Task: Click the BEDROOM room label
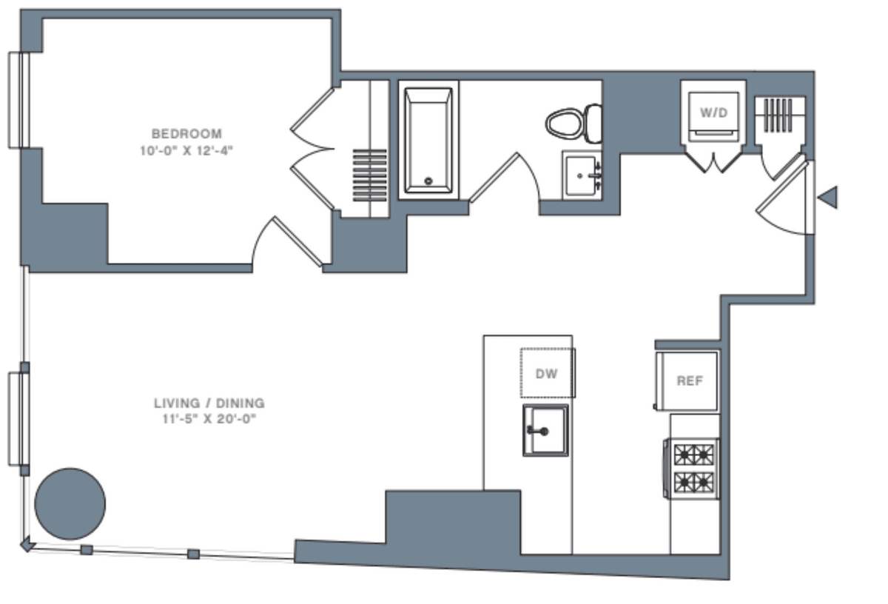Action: pyautogui.click(x=186, y=134)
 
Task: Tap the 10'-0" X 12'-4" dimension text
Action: pyautogui.click(x=186, y=151)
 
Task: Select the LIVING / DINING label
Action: pyautogui.click(x=209, y=403)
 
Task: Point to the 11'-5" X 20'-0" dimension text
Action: pyautogui.click(x=209, y=419)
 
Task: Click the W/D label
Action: pyautogui.click(x=714, y=113)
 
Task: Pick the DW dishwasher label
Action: pyautogui.click(x=546, y=374)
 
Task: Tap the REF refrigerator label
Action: pyautogui.click(x=690, y=380)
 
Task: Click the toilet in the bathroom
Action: pyautogui.click(x=573, y=124)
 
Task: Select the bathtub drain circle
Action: pyautogui.click(x=428, y=181)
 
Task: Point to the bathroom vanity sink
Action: pyautogui.click(x=582, y=175)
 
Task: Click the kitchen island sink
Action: pyautogui.click(x=545, y=430)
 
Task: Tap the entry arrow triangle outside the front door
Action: pyautogui.click(x=828, y=197)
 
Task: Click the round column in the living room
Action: pyautogui.click(x=70, y=503)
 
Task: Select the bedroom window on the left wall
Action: pyautogui.click(x=19, y=101)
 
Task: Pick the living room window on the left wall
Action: pyautogui.click(x=19, y=419)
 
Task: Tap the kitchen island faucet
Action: pyautogui.click(x=537, y=431)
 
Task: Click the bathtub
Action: pyautogui.click(x=428, y=141)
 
